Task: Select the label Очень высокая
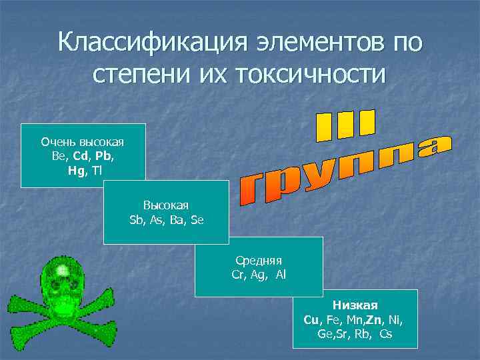[83, 142]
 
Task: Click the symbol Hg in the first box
[76, 170]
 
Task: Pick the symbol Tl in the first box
[98, 170]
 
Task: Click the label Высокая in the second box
[166, 205]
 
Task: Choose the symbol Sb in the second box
[136, 219]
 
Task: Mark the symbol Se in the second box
[196, 219]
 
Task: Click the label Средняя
[259, 260]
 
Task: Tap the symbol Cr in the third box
[239, 274]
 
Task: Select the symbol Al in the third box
[280, 274]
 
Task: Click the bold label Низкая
[355, 305]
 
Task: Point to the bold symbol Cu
[311, 319]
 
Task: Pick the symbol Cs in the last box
[385, 333]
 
